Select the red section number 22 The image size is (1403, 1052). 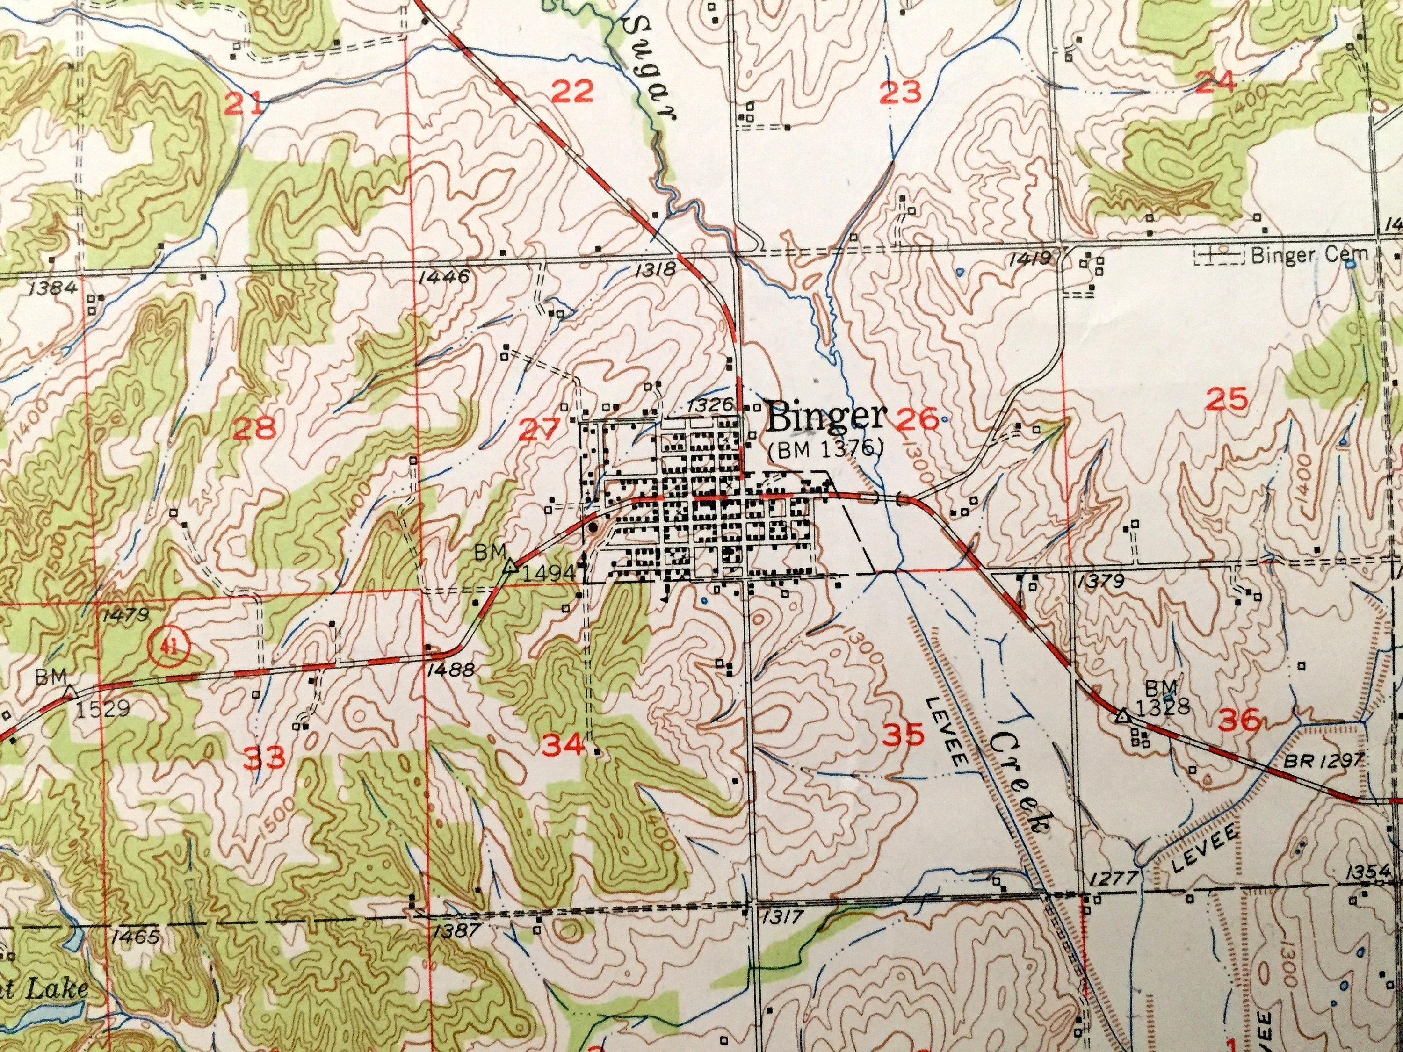point(572,93)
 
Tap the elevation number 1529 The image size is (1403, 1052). point(103,708)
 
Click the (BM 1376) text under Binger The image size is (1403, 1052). point(825,449)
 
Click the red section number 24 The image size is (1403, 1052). point(1215,82)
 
